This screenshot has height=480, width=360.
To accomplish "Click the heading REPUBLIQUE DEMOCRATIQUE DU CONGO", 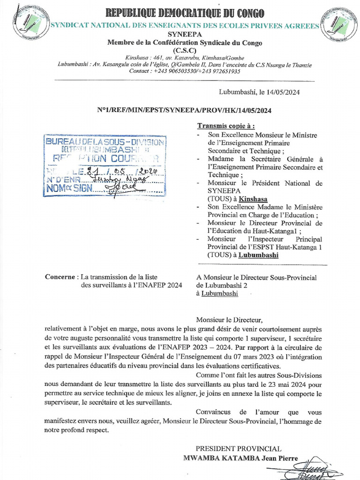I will (185, 13).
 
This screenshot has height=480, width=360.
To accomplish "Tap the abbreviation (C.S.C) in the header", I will (185, 51).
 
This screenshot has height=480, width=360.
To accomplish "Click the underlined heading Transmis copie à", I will (226, 126).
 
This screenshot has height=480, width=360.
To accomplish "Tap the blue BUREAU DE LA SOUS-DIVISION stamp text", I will (105, 142).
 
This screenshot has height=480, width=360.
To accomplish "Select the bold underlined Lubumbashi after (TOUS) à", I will (258, 255).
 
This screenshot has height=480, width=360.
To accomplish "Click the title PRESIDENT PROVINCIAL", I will (238, 449).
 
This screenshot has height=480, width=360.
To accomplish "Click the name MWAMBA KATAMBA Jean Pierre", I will (240, 457).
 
